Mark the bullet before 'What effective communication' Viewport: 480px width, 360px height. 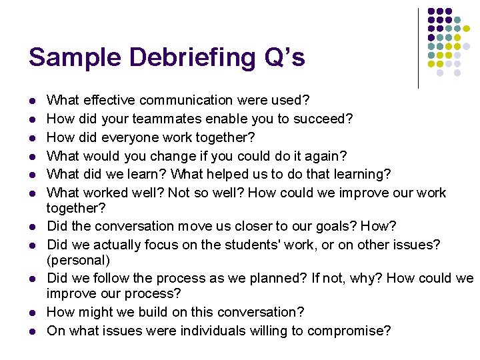pyautogui.click(x=31, y=101)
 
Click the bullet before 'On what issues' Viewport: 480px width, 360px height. pyautogui.click(x=31, y=331)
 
